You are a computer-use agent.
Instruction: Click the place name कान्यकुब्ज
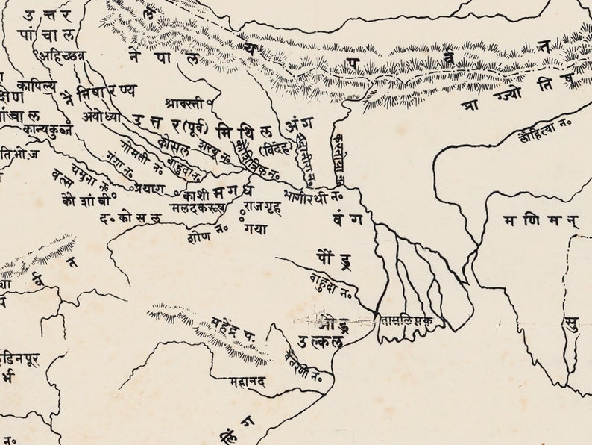point(46,128)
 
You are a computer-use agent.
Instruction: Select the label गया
point(254,229)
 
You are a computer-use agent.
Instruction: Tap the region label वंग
point(348,220)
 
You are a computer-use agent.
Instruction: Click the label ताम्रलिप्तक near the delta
point(407,320)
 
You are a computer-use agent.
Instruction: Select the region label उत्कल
point(320,343)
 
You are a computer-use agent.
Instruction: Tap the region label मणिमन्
point(530,220)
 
